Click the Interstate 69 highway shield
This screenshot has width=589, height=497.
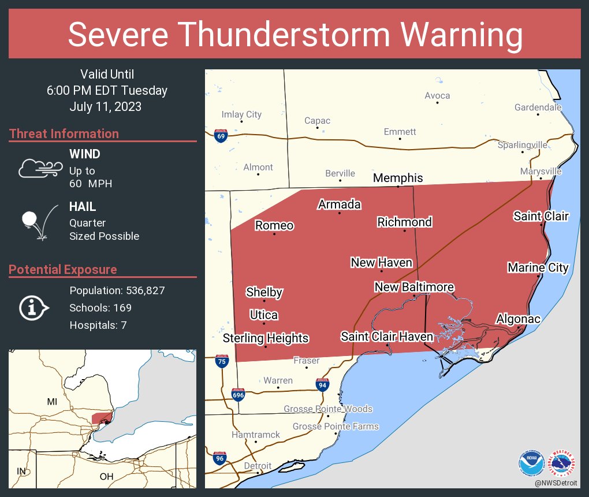tap(220, 136)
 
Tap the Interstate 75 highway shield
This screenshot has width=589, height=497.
tap(221, 361)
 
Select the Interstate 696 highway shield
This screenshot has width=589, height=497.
tap(238, 395)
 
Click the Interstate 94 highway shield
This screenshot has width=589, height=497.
tap(323, 384)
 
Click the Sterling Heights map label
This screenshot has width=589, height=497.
tap(266, 338)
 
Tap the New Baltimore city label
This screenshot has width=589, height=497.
tap(413, 287)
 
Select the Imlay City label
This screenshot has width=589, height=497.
tap(241, 114)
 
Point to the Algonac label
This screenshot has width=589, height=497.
tap(518, 319)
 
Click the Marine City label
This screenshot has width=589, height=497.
tap(538, 268)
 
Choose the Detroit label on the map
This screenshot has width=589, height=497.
tap(258, 466)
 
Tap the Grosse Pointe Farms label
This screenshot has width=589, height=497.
tap(335, 426)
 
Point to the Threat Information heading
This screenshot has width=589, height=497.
tap(64, 133)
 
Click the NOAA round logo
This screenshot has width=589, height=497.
tap(531, 463)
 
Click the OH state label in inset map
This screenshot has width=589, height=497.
tap(106, 477)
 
